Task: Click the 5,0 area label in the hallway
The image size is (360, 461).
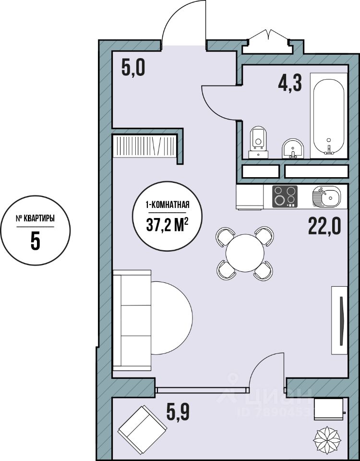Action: point(133,69)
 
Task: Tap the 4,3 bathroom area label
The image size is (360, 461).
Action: point(290,83)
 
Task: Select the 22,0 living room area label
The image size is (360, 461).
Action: point(324,226)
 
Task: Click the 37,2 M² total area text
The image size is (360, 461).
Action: point(167,226)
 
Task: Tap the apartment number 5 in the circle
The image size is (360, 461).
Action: point(35,241)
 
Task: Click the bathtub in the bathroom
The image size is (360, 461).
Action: point(329,116)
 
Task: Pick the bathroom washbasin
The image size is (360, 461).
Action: point(293,148)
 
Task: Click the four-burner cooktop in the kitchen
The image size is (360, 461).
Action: point(285,196)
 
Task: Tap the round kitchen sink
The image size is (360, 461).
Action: point(326,196)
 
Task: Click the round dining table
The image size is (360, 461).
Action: point(245,253)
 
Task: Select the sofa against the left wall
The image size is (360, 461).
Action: point(132,320)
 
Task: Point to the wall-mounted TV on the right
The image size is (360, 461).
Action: point(339,320)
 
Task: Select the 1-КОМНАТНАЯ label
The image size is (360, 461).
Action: point(167,205)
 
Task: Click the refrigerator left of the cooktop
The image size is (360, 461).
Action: point(250,197)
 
